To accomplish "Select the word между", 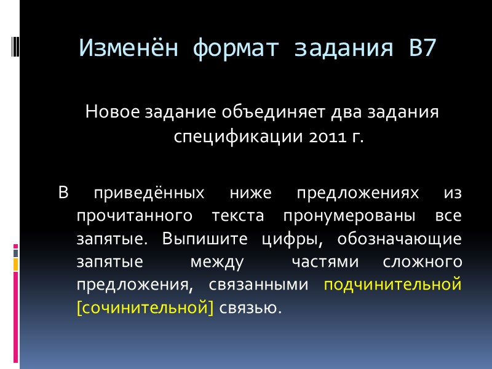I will tap(217, 261).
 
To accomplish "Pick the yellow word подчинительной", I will tap(392, 284).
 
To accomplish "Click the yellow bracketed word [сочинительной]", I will tap(145, 307).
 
